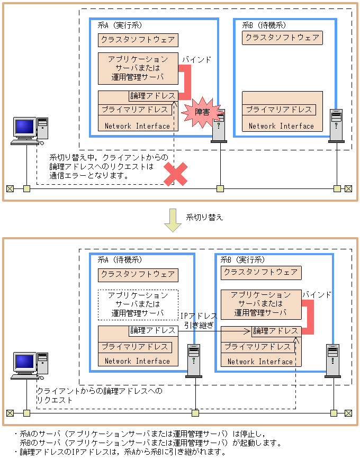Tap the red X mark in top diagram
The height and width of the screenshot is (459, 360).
pos(176,174)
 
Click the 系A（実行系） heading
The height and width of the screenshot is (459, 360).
pos(120,25)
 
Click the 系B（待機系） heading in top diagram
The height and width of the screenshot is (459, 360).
pos(264,25)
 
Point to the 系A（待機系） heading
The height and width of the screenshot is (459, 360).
pos(120,260)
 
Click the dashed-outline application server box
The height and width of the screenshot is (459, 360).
pos(137,304)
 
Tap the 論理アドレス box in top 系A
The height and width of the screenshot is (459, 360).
pos(153,96)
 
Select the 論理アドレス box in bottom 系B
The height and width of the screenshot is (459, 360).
pos(276,331)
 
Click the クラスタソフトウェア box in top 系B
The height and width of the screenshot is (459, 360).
pos(282,38)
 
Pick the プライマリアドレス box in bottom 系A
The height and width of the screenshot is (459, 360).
pos(136,347)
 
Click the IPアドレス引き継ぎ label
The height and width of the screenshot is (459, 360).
pos(199,320)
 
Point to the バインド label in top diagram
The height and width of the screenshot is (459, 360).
pos(196,60)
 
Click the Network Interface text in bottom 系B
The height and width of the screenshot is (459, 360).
pos(260,362)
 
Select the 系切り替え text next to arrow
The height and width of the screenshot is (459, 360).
pos(204,218)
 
